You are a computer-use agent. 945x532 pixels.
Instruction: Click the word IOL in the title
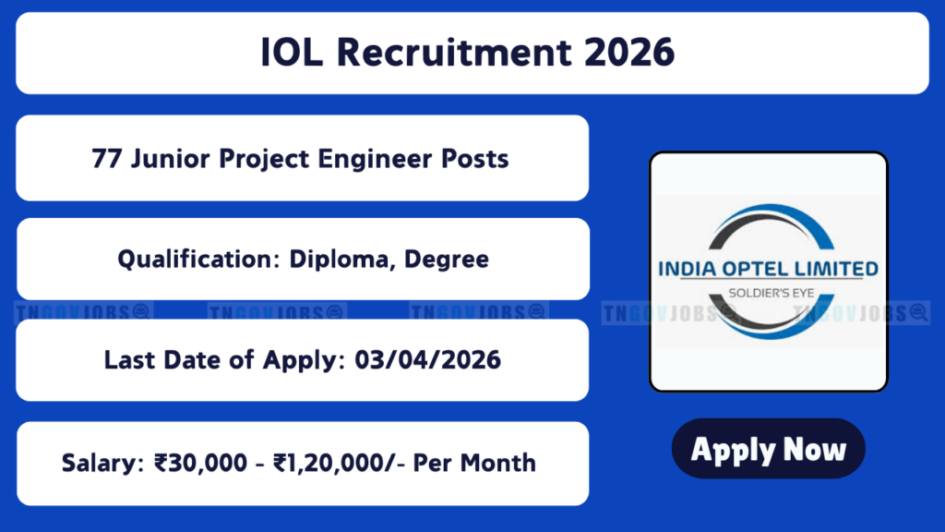click(x=292, y=53)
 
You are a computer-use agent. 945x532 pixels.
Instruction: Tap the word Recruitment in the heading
click(x=453, y=53)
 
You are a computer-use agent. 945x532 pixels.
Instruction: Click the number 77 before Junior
click(x=107, y=159)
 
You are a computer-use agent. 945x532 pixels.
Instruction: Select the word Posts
click(x=475, y=159)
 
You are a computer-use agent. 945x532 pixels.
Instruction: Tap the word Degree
click(x=447, y=260)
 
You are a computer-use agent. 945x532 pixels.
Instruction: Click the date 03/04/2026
click(x=427, y=360)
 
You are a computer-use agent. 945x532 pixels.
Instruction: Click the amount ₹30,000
click(x=200, y=464)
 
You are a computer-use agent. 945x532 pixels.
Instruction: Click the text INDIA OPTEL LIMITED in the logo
click(x=769, y=269)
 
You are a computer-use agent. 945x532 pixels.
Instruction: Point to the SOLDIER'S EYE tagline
click(x=772, y=293)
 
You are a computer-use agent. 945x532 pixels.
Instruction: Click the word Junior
click(x=171, y=159)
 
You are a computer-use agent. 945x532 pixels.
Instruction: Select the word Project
click(x=264, y=160)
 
